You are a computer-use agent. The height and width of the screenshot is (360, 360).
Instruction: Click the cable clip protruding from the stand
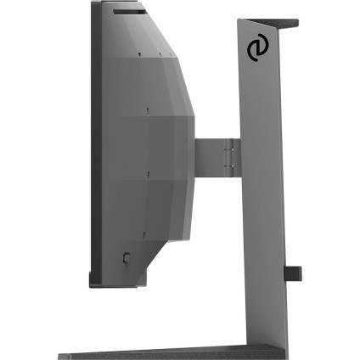coord(293,273)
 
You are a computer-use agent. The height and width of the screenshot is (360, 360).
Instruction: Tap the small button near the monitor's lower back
coord(127,256)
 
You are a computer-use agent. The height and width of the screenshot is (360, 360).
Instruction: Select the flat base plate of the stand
coord(170,352)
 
